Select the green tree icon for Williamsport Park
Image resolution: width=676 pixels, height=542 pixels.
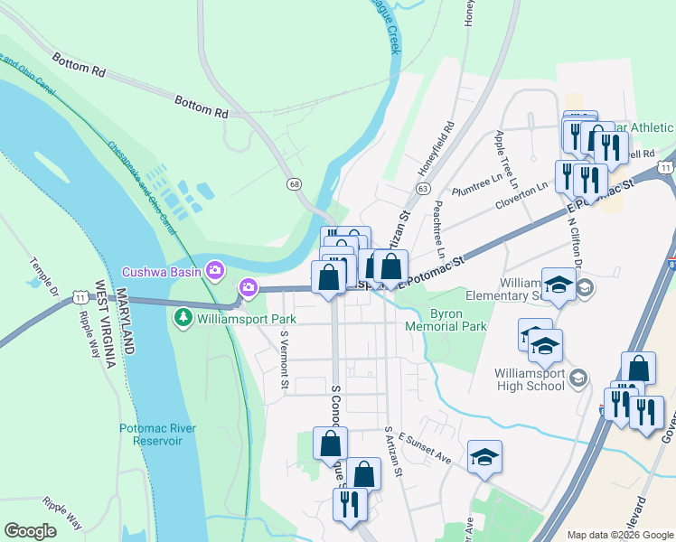(x=183, y=318)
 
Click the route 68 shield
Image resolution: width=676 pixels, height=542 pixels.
(x=295, y=183)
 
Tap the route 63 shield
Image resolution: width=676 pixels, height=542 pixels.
(x=422, y=187)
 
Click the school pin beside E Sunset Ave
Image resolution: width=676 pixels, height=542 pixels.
(x=484, y=457)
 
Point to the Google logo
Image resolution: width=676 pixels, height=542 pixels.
(x=31, y=531)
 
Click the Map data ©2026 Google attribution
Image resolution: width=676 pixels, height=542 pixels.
(x=619, y=535)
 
